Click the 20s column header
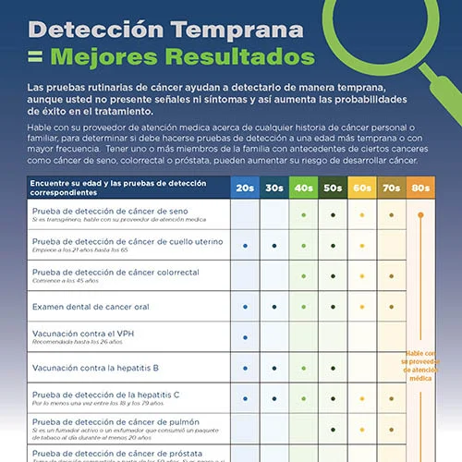pos(245,187)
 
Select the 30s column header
pos(274,187)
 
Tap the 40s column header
pos(303,187)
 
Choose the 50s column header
pos(333,187)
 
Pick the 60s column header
pos(362,187)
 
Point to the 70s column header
pos(391,187)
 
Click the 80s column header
pos(420,187)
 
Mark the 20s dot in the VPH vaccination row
pos(245,336)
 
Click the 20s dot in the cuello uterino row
pos(245,246)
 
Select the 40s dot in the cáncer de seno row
pos(303,215)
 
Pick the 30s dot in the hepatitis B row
pos(274,367)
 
